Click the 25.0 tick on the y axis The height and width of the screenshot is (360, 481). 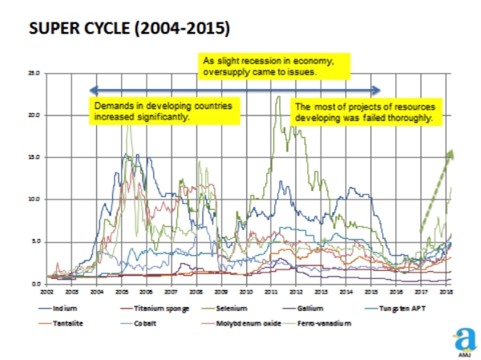tap(34, 73)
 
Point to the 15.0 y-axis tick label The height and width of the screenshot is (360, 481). tap(34, 157)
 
